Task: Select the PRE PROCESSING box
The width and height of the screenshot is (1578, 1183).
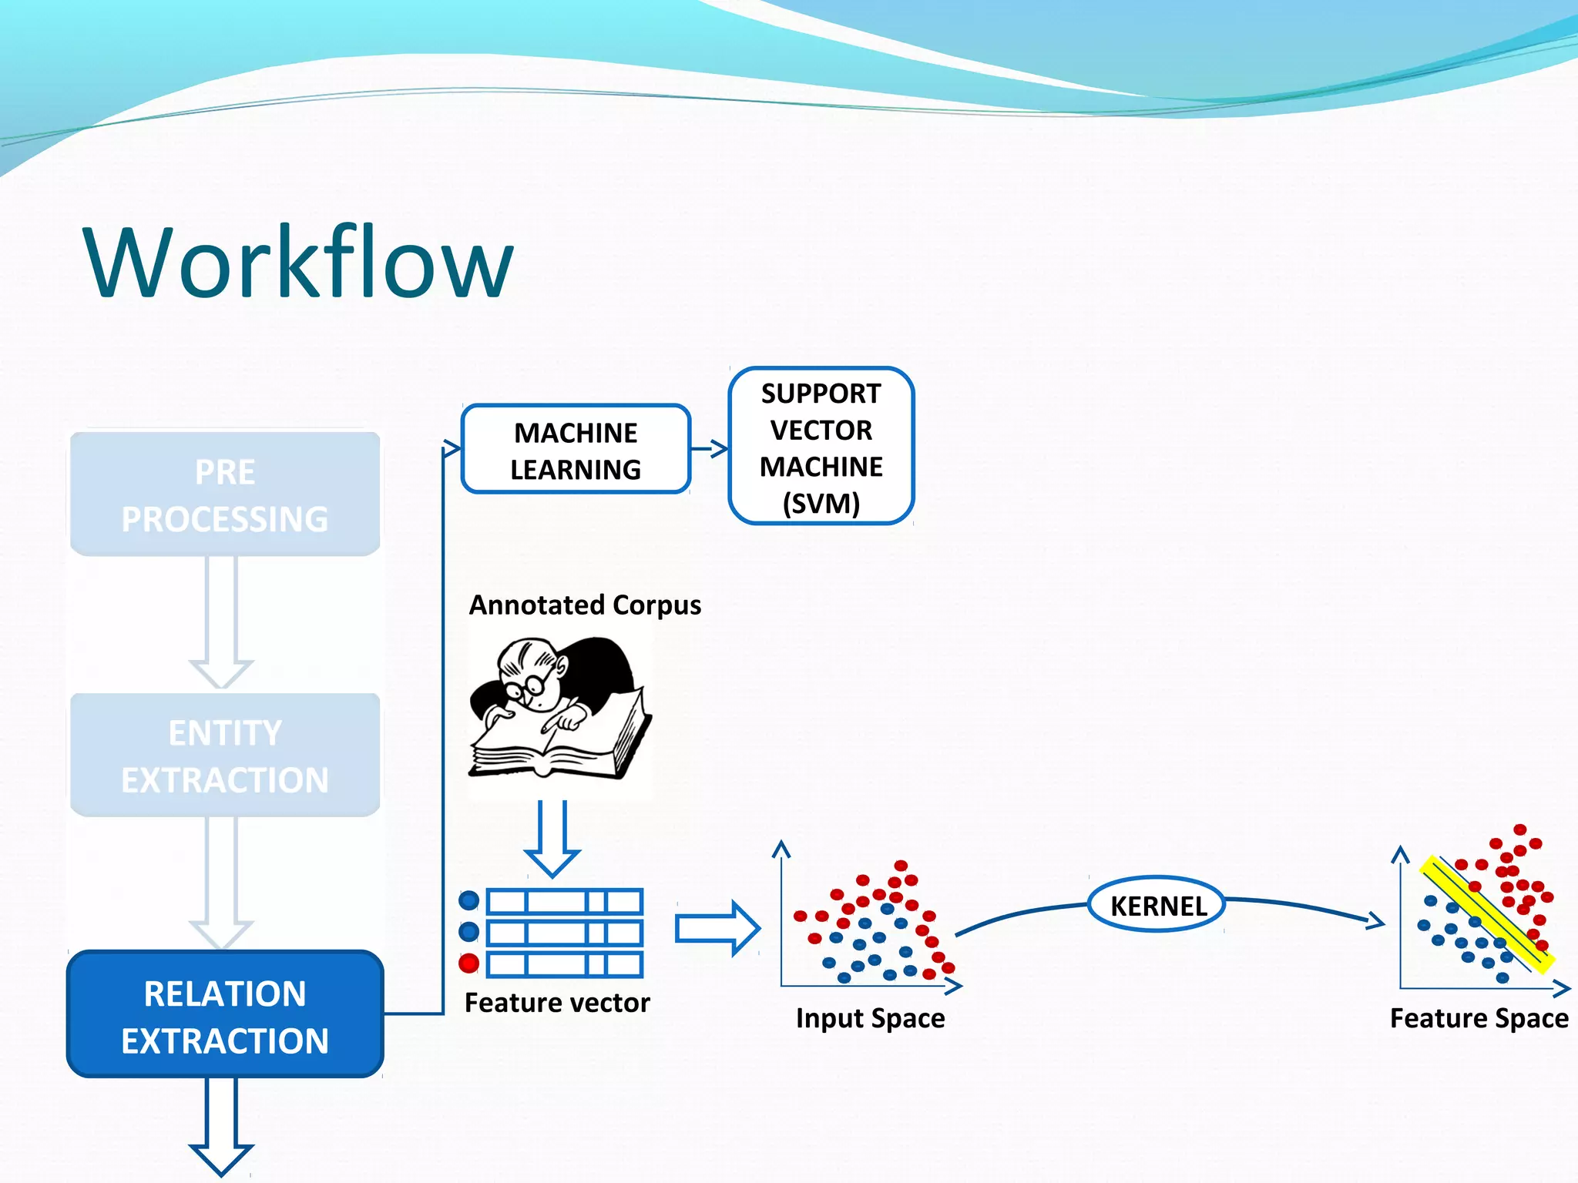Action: pos(225,494)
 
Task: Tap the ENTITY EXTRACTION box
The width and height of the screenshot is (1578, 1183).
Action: pos(225,756)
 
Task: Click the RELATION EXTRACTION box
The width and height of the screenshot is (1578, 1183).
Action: pos(225,1016)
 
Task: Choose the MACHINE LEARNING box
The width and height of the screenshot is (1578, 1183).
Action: pos(576,450)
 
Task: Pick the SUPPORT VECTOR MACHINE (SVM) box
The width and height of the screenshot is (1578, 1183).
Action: pos(821,447)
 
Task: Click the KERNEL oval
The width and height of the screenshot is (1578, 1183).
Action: pos(1157,906)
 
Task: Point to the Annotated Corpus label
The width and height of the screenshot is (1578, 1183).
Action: pos(585,605)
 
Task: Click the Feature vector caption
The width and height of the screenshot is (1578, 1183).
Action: pos(557,1003)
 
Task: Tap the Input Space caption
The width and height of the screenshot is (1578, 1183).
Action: pos(870,1018)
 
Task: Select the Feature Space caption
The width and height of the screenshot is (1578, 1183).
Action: pos(1479,1018)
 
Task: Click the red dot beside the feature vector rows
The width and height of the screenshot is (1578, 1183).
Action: pos(468,963)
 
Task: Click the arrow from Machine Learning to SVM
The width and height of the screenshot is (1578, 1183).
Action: pos(710,448)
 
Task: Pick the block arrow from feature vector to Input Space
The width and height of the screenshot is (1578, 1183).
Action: pos(717,928)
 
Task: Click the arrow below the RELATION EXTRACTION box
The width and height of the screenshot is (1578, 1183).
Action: pos(221,1124)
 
